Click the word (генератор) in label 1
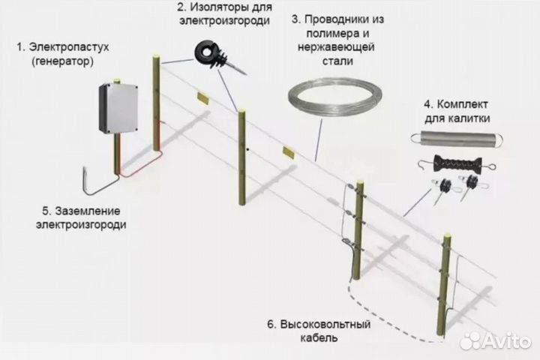pyautogui.click(x=63, y=62)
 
